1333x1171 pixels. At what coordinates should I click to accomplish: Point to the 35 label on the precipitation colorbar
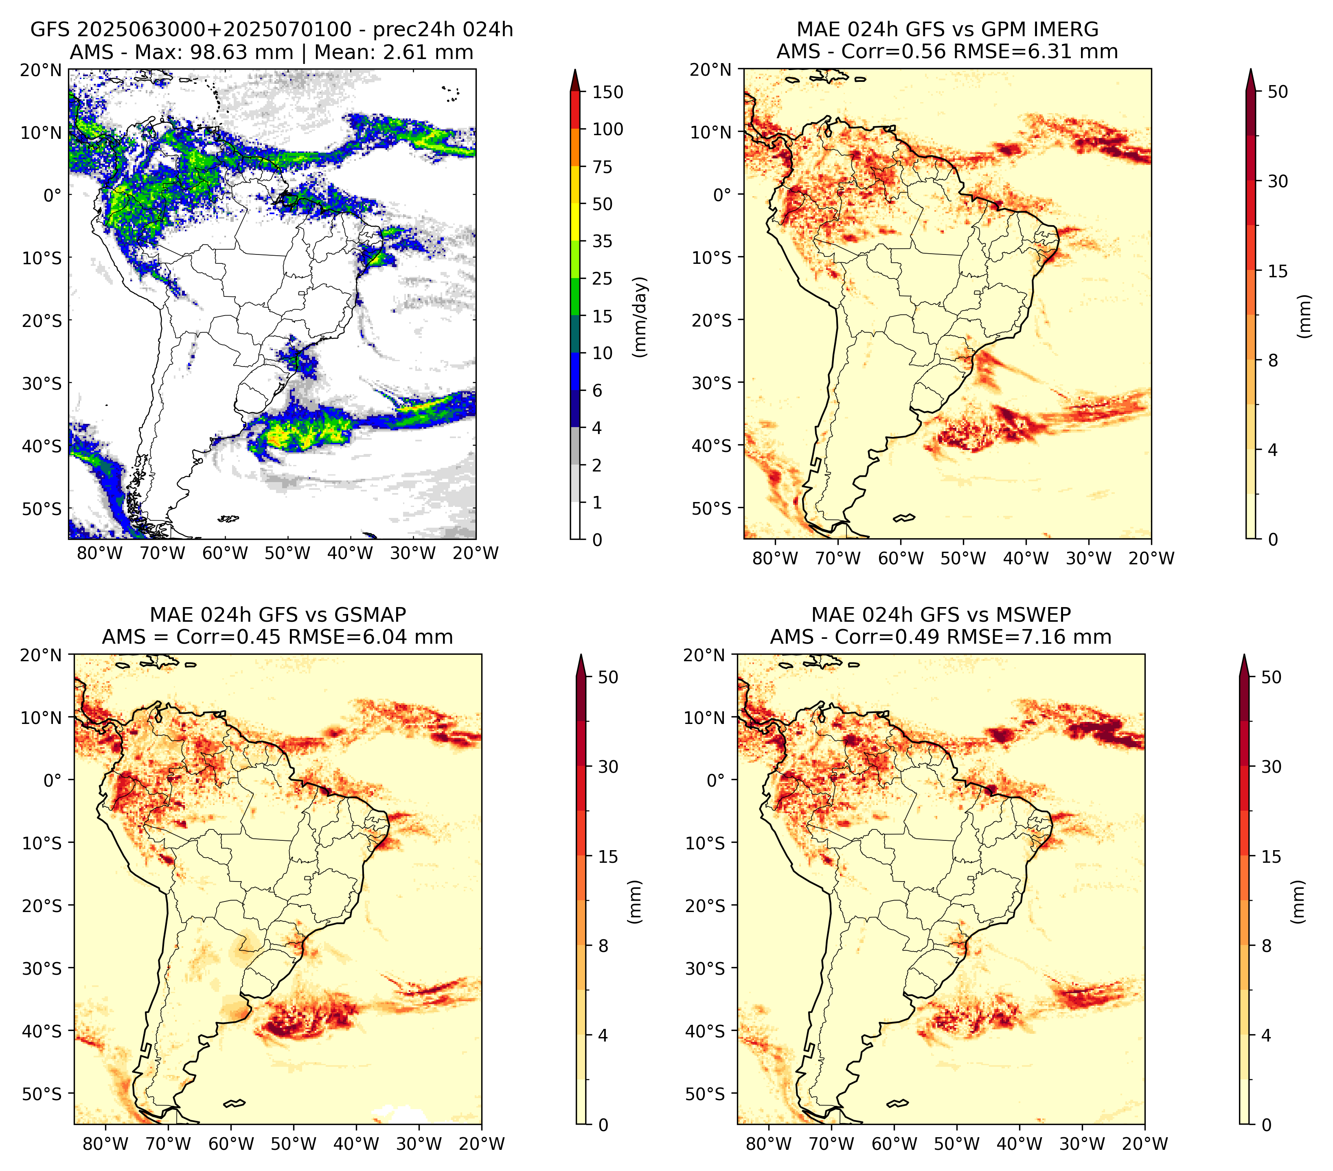(x=602, y=241)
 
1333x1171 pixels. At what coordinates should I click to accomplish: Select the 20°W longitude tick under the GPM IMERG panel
(x=1151, y=558)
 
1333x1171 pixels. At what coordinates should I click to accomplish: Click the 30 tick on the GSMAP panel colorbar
(x=608, y=767)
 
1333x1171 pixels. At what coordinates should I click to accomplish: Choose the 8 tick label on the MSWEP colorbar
(x=1267, y=946)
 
